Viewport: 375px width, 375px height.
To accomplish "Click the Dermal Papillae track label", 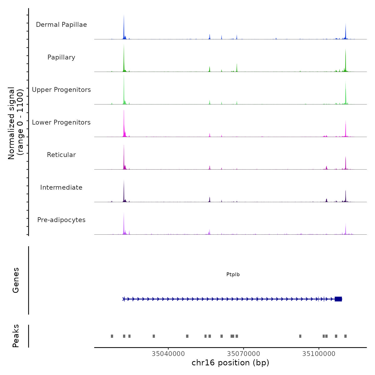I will (61, 25).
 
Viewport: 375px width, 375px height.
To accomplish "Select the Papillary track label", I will (61, 57).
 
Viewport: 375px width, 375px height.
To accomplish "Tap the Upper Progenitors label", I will (61, 90).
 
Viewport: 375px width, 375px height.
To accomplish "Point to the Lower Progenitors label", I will (61, 122).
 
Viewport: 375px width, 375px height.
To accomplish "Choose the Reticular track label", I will (61, 155).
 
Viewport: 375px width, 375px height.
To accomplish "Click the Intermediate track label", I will (61, 187).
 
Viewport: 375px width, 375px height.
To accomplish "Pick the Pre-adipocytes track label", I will (61, 220).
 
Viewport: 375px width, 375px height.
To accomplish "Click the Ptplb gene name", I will (233, 275).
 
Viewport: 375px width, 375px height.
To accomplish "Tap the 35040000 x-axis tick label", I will (168, 354).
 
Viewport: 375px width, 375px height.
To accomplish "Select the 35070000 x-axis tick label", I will (243, 354).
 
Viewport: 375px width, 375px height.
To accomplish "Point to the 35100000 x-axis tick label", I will (319, 354).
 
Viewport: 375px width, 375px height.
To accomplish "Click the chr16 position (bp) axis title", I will (230, 363).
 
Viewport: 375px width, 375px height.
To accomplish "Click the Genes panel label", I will (16, 280).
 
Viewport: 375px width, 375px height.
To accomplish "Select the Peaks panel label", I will (16, 336).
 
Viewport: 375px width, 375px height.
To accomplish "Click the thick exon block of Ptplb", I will (338, 299).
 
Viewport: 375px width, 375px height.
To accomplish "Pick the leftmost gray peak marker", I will (112, 336).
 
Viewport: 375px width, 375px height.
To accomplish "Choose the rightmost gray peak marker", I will (346, 336).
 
